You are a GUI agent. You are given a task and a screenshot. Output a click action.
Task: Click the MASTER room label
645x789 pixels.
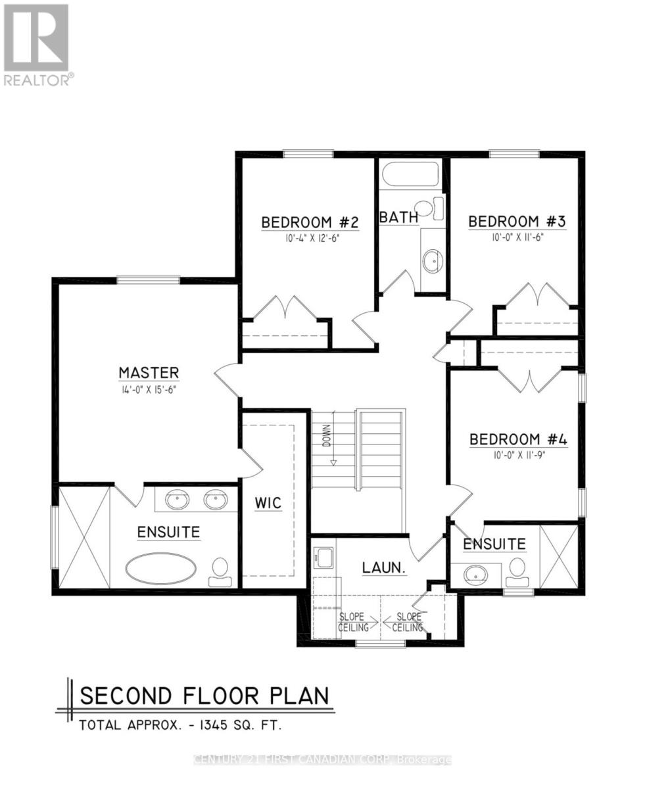[149, 373]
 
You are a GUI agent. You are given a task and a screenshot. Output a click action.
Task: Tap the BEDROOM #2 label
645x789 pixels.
[310, 222]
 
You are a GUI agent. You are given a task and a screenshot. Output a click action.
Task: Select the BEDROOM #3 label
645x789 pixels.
[517, 222]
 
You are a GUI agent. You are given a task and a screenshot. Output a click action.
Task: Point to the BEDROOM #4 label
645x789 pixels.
[518, 439]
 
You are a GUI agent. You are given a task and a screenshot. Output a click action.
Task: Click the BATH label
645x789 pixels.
[399, 216]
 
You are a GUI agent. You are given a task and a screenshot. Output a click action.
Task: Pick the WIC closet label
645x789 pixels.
[268, 504]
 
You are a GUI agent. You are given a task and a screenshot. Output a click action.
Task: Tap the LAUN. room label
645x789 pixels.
[383, 567]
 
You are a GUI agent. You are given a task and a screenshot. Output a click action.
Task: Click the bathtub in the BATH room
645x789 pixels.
[410, 176]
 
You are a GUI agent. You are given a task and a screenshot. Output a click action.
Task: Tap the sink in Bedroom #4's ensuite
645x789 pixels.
[476, 575]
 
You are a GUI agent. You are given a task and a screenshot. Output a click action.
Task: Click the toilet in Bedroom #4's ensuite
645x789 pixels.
[518, 571]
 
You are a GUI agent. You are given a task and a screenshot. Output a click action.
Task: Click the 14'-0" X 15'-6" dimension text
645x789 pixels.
[149, 389]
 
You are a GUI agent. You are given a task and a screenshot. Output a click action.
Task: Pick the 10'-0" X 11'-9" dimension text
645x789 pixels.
[518, 454]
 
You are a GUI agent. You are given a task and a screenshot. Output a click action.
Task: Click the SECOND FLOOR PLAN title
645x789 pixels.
[204, 696]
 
